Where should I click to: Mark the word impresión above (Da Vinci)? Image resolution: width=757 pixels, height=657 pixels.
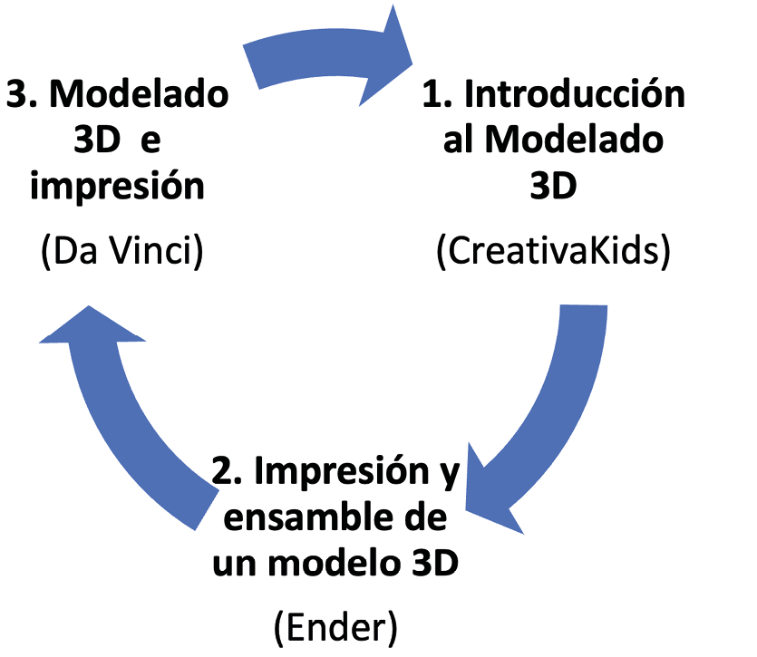click(x=121, y=188)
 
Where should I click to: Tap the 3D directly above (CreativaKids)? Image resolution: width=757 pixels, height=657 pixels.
click(x=553, y=188)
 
